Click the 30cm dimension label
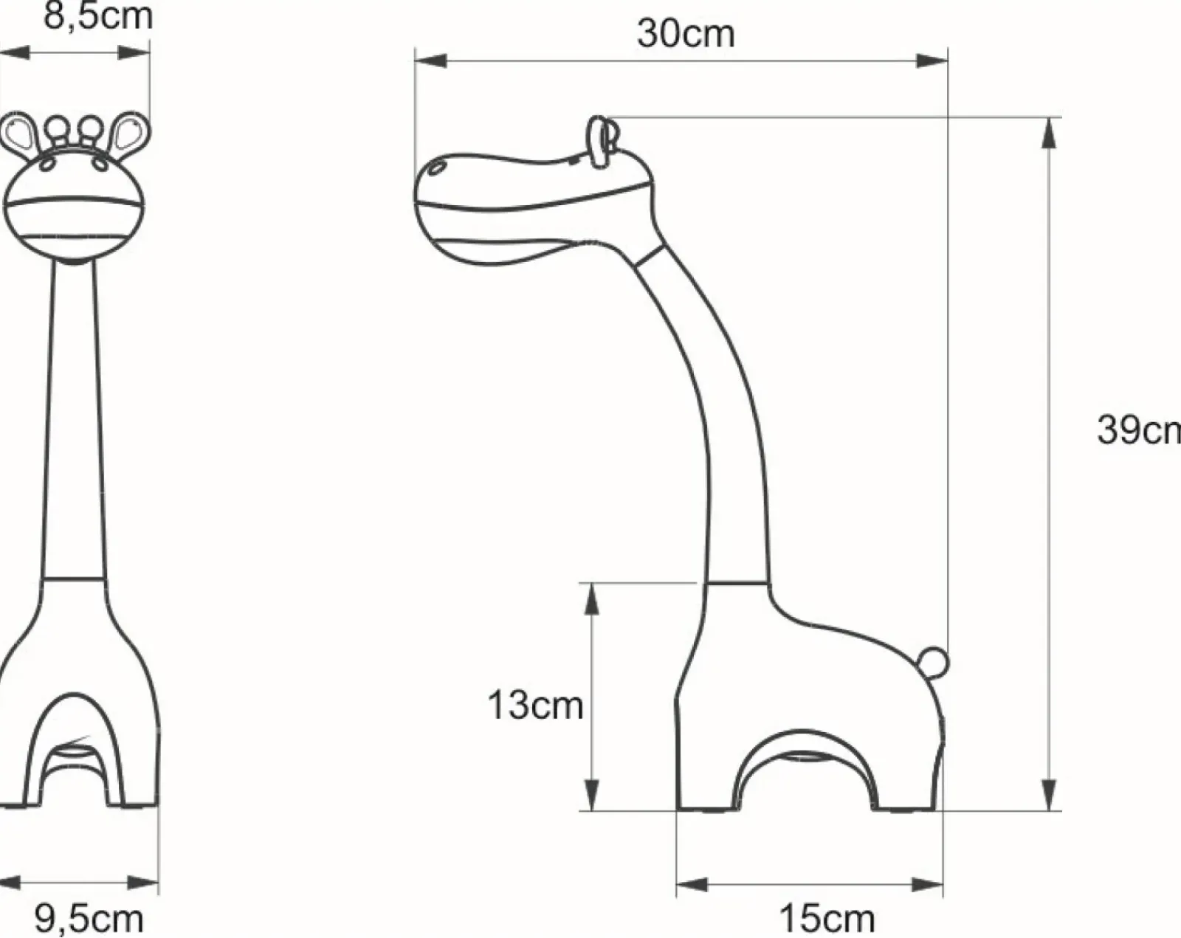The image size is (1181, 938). (686, 33)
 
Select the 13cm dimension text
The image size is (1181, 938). (535, 705)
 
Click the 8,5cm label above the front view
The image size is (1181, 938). (98, 16)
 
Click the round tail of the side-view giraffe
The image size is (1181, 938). (934, 663)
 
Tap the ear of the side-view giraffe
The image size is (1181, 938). (602, 140)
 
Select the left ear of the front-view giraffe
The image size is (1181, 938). (18, 133)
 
